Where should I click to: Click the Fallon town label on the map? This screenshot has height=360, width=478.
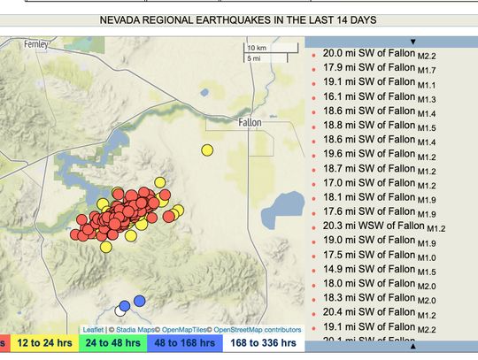[x=250, y=123]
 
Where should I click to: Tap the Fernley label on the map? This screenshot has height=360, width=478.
[x=38, y=43]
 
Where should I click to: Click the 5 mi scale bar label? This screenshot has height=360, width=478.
[x=255, y=58]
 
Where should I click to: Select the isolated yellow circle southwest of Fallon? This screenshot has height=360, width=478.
[x=207, y=150]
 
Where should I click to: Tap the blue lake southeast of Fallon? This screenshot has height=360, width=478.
[x=282, y=207]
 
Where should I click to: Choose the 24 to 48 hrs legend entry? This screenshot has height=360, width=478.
[x=109, y=342]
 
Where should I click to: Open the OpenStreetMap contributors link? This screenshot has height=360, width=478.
[x=258, y=329]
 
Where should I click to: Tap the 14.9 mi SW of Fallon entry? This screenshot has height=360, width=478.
[x=363, y=269]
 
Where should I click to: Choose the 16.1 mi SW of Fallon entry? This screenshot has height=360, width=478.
[x=363, y=97]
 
